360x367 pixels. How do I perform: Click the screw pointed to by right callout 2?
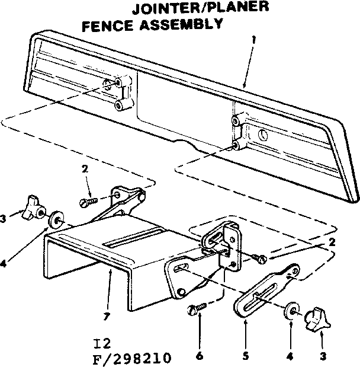pos(259,257)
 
